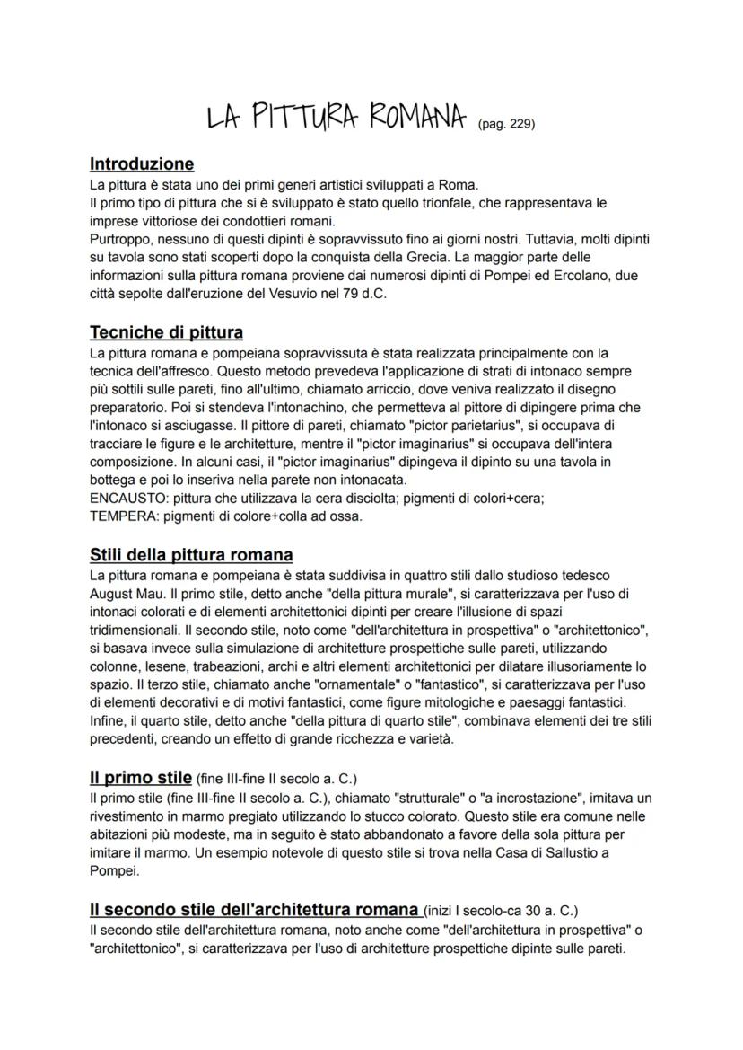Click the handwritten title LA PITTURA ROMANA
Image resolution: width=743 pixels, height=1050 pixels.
337,117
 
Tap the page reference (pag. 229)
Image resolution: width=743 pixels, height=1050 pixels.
506,124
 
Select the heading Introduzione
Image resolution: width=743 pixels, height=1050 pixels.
142,164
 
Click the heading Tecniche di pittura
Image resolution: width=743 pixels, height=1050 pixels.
166,332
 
